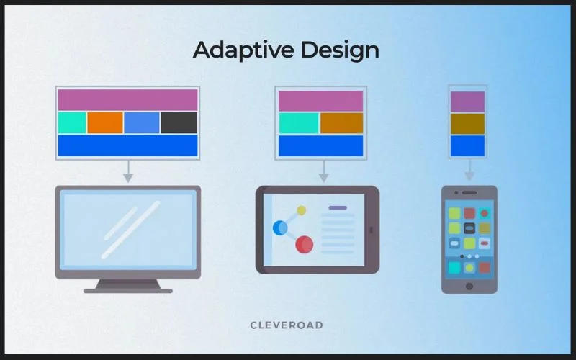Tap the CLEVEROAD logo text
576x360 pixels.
pos(287,325)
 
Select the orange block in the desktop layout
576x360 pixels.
pos(105,123)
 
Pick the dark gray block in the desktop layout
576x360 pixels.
pos(179,123)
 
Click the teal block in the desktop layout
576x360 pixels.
pos(72,123)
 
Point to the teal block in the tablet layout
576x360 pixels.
pos(299,123)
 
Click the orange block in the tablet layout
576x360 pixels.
pos(342,123)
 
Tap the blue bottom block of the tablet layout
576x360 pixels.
pos(321,145)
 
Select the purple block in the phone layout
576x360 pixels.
pos(467,102)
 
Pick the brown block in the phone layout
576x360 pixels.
pos(467,124)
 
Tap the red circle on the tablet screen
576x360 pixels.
pos(305,244)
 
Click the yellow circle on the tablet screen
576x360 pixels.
pos(302,210)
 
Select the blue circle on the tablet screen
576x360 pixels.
pos(280,228)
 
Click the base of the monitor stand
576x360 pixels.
pos(128,290)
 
